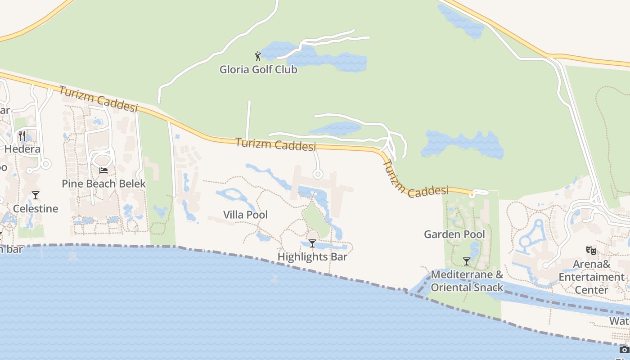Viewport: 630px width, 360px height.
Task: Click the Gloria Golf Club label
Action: (258, 70)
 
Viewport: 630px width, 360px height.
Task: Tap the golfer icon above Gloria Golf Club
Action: (258, 56)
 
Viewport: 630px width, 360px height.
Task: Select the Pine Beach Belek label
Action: (104, 184)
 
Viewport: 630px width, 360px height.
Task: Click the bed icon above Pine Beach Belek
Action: (103, 171)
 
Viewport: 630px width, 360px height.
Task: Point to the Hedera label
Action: (22, 149)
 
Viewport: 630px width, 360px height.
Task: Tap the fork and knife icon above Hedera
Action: (22, 135)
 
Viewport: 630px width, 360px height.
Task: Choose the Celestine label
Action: (36, 209)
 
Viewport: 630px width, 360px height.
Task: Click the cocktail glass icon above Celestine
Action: (36, 195)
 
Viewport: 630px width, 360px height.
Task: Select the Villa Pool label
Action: (245, 215)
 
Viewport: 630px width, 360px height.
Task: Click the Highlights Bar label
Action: (312, 257)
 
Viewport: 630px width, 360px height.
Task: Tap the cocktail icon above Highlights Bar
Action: (312, 243)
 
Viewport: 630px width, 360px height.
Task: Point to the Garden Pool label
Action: (454, 234)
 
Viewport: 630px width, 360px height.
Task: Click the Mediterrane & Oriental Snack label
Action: (467, 281)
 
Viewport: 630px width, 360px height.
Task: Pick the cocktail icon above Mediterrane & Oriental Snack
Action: (467, 261)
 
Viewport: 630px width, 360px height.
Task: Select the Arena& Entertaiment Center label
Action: (591, 277)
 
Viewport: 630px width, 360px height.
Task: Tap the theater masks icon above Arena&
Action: (591, 251)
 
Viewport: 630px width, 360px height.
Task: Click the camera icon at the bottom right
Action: (624, 350)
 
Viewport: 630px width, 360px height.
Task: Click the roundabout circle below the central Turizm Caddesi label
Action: (318, 174)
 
